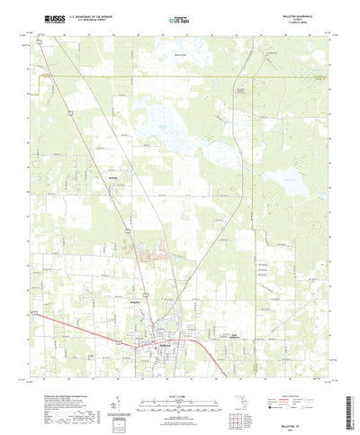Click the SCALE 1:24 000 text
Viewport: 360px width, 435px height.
coord(180,370)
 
